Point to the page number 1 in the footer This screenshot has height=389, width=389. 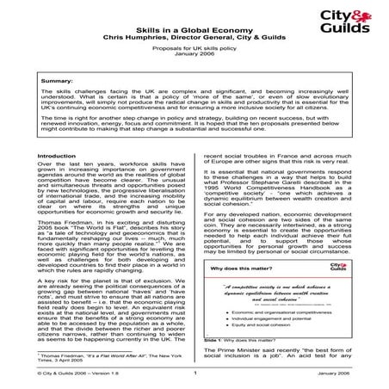(x=196, y=375)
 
